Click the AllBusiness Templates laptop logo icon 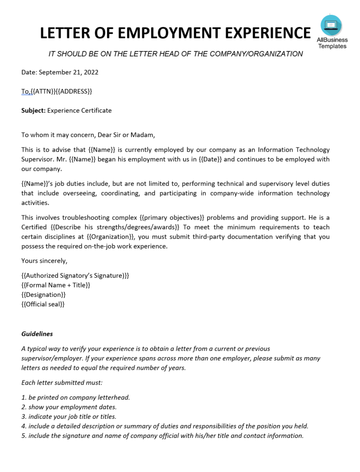331,25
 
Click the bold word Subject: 33,110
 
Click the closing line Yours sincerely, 44,261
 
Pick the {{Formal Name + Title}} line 56,285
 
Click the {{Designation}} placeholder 43,295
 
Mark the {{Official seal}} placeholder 43,304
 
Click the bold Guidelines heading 37,334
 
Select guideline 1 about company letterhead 76,397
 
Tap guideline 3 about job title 69,416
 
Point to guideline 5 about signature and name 162,436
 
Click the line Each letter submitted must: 62,383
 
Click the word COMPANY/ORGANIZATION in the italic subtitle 256,54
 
